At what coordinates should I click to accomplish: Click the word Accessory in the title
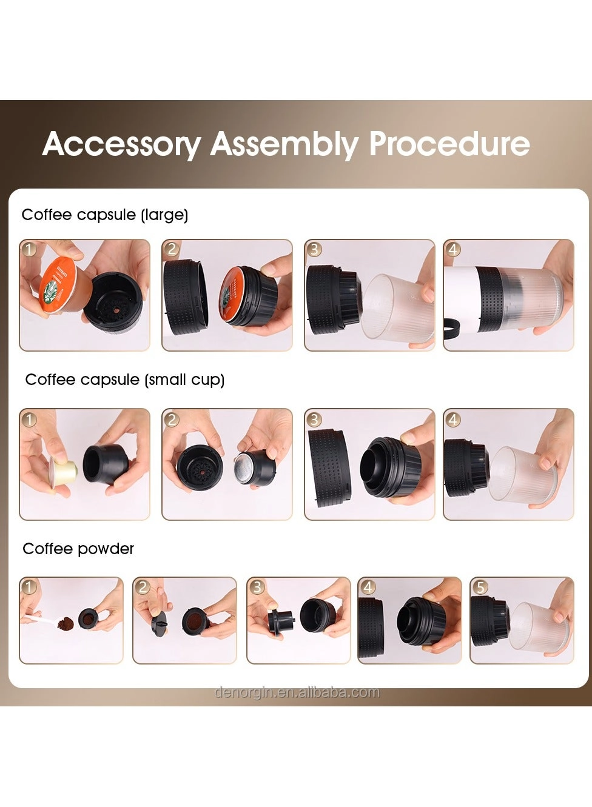(x=121, y=144)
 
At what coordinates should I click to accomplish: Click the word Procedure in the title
(x=449, y=144)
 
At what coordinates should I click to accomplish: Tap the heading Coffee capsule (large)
(x=105, y=215)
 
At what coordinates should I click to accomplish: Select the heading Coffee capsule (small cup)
(x=125, y=380)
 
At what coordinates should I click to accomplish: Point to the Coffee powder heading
(x=78, y=549)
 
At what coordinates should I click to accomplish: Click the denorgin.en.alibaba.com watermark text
(x=297, y=692)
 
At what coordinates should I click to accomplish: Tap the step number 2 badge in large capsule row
(x=172, y=249)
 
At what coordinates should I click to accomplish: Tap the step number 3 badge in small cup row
(x=314, y=419)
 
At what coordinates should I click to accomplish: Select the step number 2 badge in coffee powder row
(x=143, y=587)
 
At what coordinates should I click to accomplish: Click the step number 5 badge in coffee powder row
(x=480, y=587)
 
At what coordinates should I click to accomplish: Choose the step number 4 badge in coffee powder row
(x=368, y=587)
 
